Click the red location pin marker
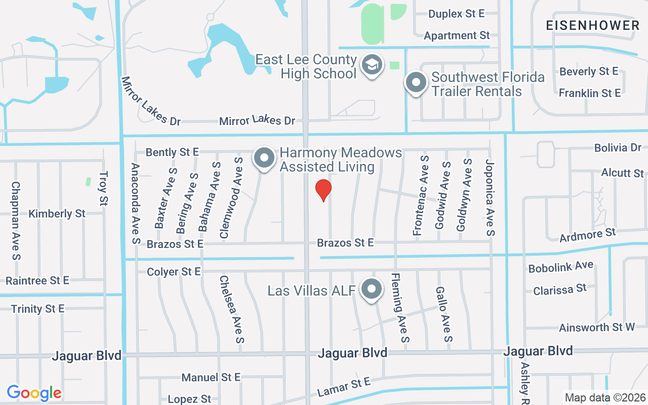(x=323, y=190)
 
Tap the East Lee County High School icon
(x=372, y=65)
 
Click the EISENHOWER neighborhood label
(x=593, y=25)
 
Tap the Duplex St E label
(x=457, y=14)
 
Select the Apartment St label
(x=457, y=35)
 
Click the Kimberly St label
(x=57, y=214)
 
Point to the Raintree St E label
(x=37, y=280)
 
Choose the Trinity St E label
(x=37, y=309)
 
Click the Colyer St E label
(x=174, y=272)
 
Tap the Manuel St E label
(x=211, y=377)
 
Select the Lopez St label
(x=189, y=399)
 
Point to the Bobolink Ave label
(x=560, y=267)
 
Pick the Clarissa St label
(x=560, y=290)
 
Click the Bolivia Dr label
(x=618, y=148)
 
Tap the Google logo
(x=34, y=393)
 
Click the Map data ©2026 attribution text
(x=605, y=397)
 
